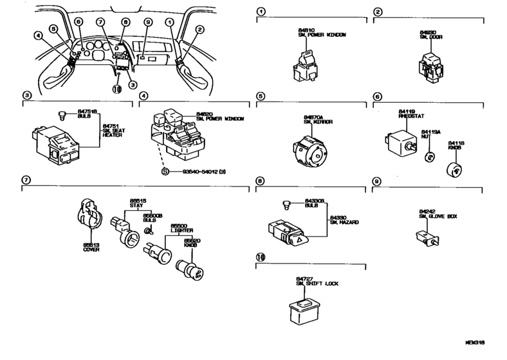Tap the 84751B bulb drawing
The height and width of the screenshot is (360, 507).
click(x=62, y=115)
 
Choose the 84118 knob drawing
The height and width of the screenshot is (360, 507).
click(x=455, y=168)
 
